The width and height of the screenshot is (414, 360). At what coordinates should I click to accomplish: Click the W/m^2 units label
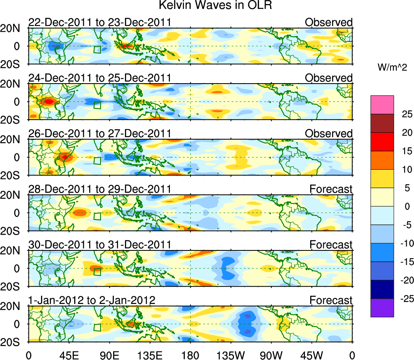pos(392,67)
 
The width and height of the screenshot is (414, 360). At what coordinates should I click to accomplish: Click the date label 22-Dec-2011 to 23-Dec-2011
pos(99,22)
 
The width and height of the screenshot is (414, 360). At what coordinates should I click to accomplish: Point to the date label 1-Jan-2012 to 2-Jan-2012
pos(92,300)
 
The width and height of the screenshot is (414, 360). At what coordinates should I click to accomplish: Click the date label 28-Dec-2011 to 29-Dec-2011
pos(99,189)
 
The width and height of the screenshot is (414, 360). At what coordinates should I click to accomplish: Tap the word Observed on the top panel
pos(329,22)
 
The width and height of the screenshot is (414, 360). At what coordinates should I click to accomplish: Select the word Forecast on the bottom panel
pos(331,300)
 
